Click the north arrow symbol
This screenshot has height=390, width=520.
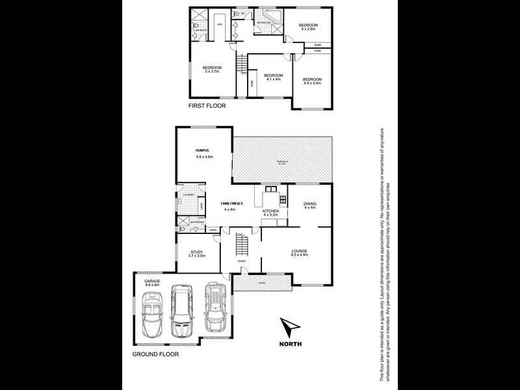click(x=289, y=326)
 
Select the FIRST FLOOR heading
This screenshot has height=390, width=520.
click(x=207, y=105)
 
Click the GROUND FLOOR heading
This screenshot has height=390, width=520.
click(x=155, y=355)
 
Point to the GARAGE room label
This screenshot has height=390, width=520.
click(x=152, y=281)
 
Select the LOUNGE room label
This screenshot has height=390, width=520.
click(x=300, y=251)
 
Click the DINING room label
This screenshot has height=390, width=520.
click(x=310, y=203)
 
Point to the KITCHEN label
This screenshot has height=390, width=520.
click(x=270, y=211)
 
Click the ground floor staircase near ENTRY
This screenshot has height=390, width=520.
click(x=241, y=244)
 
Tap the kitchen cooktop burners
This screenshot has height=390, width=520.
click(x=283, y=200)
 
